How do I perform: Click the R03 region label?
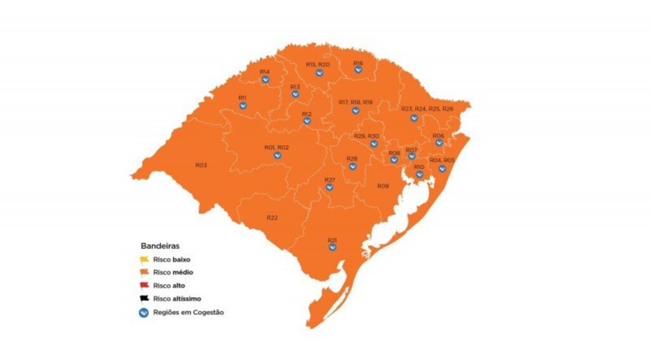[201, 165]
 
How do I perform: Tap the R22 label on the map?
[272, 218]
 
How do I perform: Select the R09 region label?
[383, 186]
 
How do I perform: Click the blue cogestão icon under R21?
[332, 248]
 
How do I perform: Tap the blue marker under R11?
[242, 105]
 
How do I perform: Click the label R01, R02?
[277, 147]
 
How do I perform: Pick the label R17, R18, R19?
[355, 102]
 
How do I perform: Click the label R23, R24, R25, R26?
[427, 109]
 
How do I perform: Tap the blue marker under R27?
[329, 187]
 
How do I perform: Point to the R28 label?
[352, 158]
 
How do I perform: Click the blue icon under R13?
[295, 94]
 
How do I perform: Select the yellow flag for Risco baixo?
[145, 259]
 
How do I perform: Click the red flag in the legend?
[145, 286]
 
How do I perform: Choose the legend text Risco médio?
[173, 272]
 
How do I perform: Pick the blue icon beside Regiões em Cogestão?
[145, 312]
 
